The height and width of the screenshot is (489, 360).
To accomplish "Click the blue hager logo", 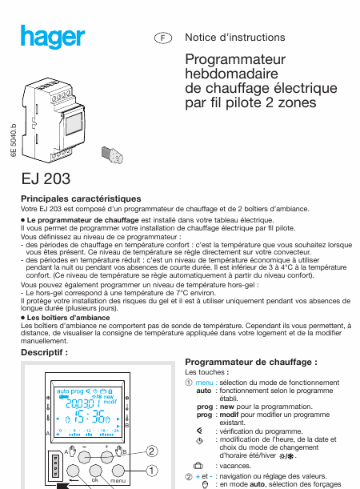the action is [x=53, y=37].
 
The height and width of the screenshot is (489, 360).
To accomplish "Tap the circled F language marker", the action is [x=163, y=38].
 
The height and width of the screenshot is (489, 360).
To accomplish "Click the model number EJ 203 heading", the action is [x=46, y=178].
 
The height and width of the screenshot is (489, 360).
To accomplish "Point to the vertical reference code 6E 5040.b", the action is [x=13, y=140].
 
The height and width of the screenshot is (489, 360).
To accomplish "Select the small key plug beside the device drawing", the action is [x=112, y=155].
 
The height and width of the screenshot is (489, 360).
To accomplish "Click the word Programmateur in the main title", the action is [x=235, y=59].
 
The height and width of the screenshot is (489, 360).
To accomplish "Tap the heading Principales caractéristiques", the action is [x=81, y=198].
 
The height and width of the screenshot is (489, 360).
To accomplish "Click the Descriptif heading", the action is [x=44, y=352].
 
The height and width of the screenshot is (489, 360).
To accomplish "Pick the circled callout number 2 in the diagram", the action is [x=151, y=451].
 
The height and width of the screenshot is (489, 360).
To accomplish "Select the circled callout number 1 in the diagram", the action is [x=152, y=471].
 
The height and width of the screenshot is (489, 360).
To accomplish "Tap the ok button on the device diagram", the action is [x=95, y=471].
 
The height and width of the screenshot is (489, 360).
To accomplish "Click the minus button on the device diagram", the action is [x=84, y=457].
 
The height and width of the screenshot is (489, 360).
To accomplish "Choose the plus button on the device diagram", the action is [x=107, y=457].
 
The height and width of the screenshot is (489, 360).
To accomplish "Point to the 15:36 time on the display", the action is [x=90, y=416].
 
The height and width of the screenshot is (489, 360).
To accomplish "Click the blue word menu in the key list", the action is [x=204, y=383].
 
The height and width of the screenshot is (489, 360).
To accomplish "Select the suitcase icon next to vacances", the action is [x=198, y=466].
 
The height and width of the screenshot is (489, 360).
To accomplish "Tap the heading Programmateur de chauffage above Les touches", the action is [x=251, y=362].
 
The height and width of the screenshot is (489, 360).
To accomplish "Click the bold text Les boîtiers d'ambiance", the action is [x=68, y=318].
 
